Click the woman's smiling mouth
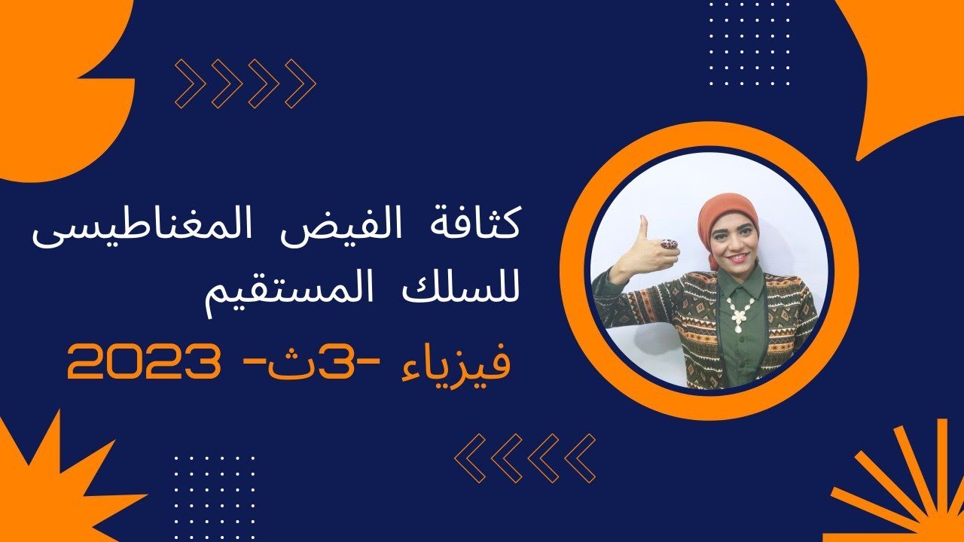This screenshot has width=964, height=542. click(735, 257)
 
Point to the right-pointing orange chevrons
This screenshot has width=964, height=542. click(246, 83)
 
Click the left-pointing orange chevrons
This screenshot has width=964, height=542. click(526, 458)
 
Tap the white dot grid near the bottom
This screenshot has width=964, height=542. click(214, 489)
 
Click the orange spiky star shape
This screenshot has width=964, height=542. click(45, 482)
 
